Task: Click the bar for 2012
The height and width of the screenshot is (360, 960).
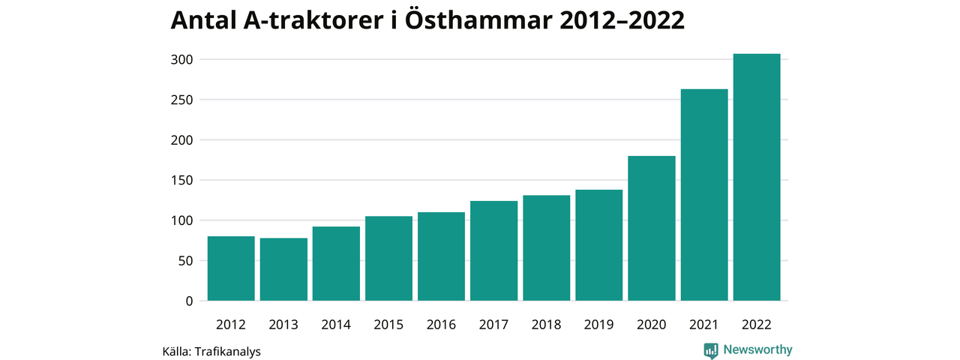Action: pyautogui.click(x=231, y=268)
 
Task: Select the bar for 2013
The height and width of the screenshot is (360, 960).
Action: pyautogui.click(x=283, y=269)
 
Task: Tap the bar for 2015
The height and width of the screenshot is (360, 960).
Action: pyautogui.click(x=388, y=259)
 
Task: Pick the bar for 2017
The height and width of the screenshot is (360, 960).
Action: pyautogui.click(x=494, y=251)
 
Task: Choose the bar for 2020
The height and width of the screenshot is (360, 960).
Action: pyautogui.click(x=652, y=229)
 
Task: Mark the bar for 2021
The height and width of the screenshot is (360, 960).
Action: pyautogui.click(x=704, y=195)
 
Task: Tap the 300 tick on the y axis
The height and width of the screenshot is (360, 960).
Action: pyautogui.click(x=183, y=59)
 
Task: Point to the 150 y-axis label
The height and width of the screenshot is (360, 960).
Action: pyautogui.click(x=183, y=180)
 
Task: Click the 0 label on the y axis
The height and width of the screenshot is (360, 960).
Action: pyautogui.click(x=189, y=301)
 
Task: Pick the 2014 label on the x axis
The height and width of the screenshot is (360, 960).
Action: pyautogui.click(x=336, y=325)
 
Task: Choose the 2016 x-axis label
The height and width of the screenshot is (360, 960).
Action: pyautogui.click(x=441, y=325)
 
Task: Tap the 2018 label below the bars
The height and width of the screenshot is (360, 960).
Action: pyautogui.click(x=547, y=325)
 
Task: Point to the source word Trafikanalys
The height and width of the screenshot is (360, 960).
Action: pyautogui.click(x=227, y=351)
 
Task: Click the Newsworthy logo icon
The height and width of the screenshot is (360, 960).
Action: pyautogui.click(x=711, y=350)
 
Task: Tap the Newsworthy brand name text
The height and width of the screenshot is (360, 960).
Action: pyautogui.click(x=757, y=349)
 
